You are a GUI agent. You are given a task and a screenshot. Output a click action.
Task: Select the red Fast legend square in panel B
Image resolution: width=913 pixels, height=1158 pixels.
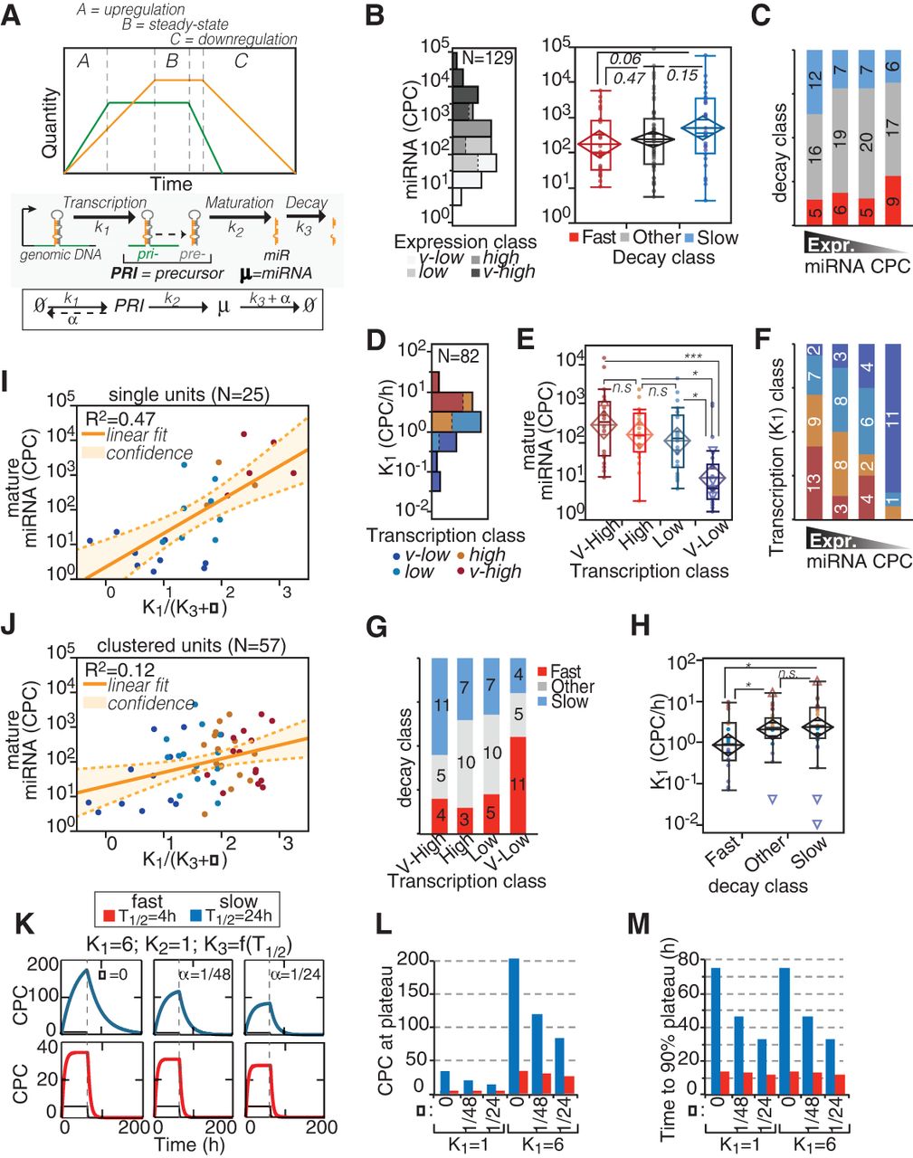(575, 238)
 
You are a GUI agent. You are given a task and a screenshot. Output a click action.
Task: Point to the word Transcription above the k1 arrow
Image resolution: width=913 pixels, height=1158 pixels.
(105, 203)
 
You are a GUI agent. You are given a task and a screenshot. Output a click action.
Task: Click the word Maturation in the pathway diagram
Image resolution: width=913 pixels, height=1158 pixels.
(240, 203)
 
